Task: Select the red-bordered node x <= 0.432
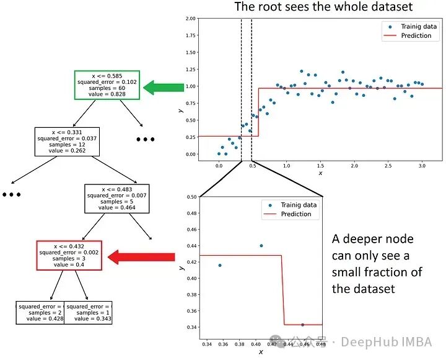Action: pyautogui.click(x=69, y=255)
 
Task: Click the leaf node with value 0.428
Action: pyautogui.click(x=40, y=313)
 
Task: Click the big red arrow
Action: pyautogui.click(x=142, y=256)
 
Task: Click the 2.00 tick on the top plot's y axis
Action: pyautogui.click(x=191, y=19)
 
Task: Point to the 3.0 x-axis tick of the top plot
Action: pyautogui.click(x=421, y=166)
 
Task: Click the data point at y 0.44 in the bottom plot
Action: pyautogui.click(x=261, y=246)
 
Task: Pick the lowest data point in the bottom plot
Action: pyautogui.click(x=302, y=325)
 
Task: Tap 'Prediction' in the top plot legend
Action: pyautogui.click(x=416, y=36)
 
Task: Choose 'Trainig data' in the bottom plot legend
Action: pyautogui.click(x=299, y=204)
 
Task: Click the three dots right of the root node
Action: pyautogui.click(x=145, y=140)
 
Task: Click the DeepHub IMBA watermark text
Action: pyautogui.click(x=391, y=341)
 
